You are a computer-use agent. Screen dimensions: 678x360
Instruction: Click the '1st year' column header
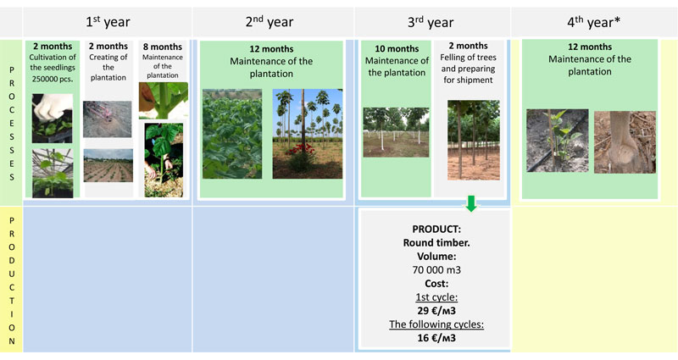point(108,22)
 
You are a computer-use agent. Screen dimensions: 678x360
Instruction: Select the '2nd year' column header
point(270,22)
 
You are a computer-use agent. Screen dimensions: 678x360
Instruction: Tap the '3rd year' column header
point(431,22)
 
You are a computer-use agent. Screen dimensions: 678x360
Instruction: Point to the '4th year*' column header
point(594,22)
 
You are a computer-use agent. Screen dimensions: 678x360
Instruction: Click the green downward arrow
point(471,203)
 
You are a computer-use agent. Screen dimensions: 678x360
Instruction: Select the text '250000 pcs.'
point(53,79)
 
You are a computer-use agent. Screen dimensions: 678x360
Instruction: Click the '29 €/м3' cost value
point(436,311)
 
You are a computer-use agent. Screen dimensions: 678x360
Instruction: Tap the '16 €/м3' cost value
point(436,338)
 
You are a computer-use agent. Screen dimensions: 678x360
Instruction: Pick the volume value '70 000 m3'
point(436,270)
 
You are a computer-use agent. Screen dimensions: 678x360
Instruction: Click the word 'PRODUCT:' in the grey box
point(436,229)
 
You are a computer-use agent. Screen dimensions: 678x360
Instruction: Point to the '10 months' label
point(397,49)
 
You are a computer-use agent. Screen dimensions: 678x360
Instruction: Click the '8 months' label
point(163,47)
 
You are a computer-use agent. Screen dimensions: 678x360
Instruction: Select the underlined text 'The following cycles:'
point(436,324)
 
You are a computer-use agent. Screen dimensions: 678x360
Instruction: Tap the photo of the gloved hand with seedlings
point(53,119)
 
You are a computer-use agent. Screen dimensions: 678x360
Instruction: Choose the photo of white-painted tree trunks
point(396,132)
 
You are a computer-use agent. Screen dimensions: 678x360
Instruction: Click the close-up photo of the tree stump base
point(625,142)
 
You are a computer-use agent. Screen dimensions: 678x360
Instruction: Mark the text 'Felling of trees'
point(469,58)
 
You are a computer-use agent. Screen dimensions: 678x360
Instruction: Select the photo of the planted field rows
point(108,165)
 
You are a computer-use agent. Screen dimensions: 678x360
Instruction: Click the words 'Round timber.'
point(436,243)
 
